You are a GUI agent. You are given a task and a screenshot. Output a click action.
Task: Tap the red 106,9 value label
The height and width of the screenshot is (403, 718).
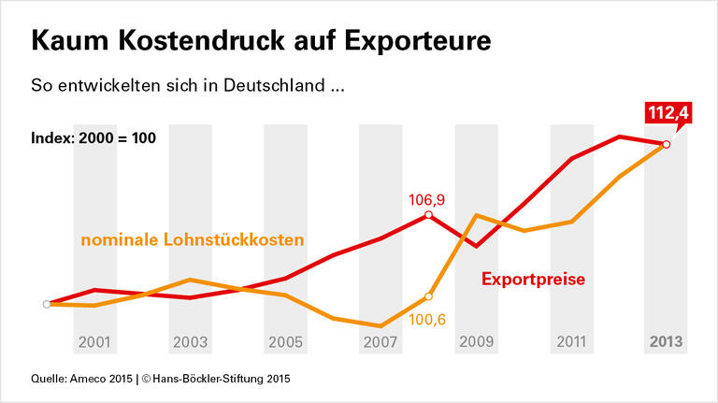[427, 199]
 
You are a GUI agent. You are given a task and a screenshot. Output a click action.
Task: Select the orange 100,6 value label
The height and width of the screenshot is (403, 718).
[427, 320]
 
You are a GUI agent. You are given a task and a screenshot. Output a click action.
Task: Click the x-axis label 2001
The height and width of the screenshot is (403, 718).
[96, 342]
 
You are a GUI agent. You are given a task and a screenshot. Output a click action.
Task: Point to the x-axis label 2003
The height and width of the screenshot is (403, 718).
[191, 342]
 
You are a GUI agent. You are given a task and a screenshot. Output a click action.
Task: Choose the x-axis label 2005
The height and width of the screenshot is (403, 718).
[286, 342]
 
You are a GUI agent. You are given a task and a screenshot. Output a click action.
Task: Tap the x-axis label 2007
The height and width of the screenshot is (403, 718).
[381, 342]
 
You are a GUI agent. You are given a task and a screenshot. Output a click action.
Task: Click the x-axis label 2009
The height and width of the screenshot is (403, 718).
[476, 342]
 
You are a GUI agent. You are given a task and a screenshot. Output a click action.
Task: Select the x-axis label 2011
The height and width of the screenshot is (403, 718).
[571, 342]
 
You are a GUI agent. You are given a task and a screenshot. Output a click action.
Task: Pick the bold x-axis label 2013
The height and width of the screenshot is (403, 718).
[666, 342]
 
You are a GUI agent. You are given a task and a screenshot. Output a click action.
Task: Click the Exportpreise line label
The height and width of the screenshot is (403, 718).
[534, 279]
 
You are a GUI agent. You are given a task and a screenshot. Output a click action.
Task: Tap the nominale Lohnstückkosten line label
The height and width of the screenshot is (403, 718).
[193, 240]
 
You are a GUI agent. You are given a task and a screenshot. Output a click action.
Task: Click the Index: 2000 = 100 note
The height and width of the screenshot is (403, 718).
[93, 138]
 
